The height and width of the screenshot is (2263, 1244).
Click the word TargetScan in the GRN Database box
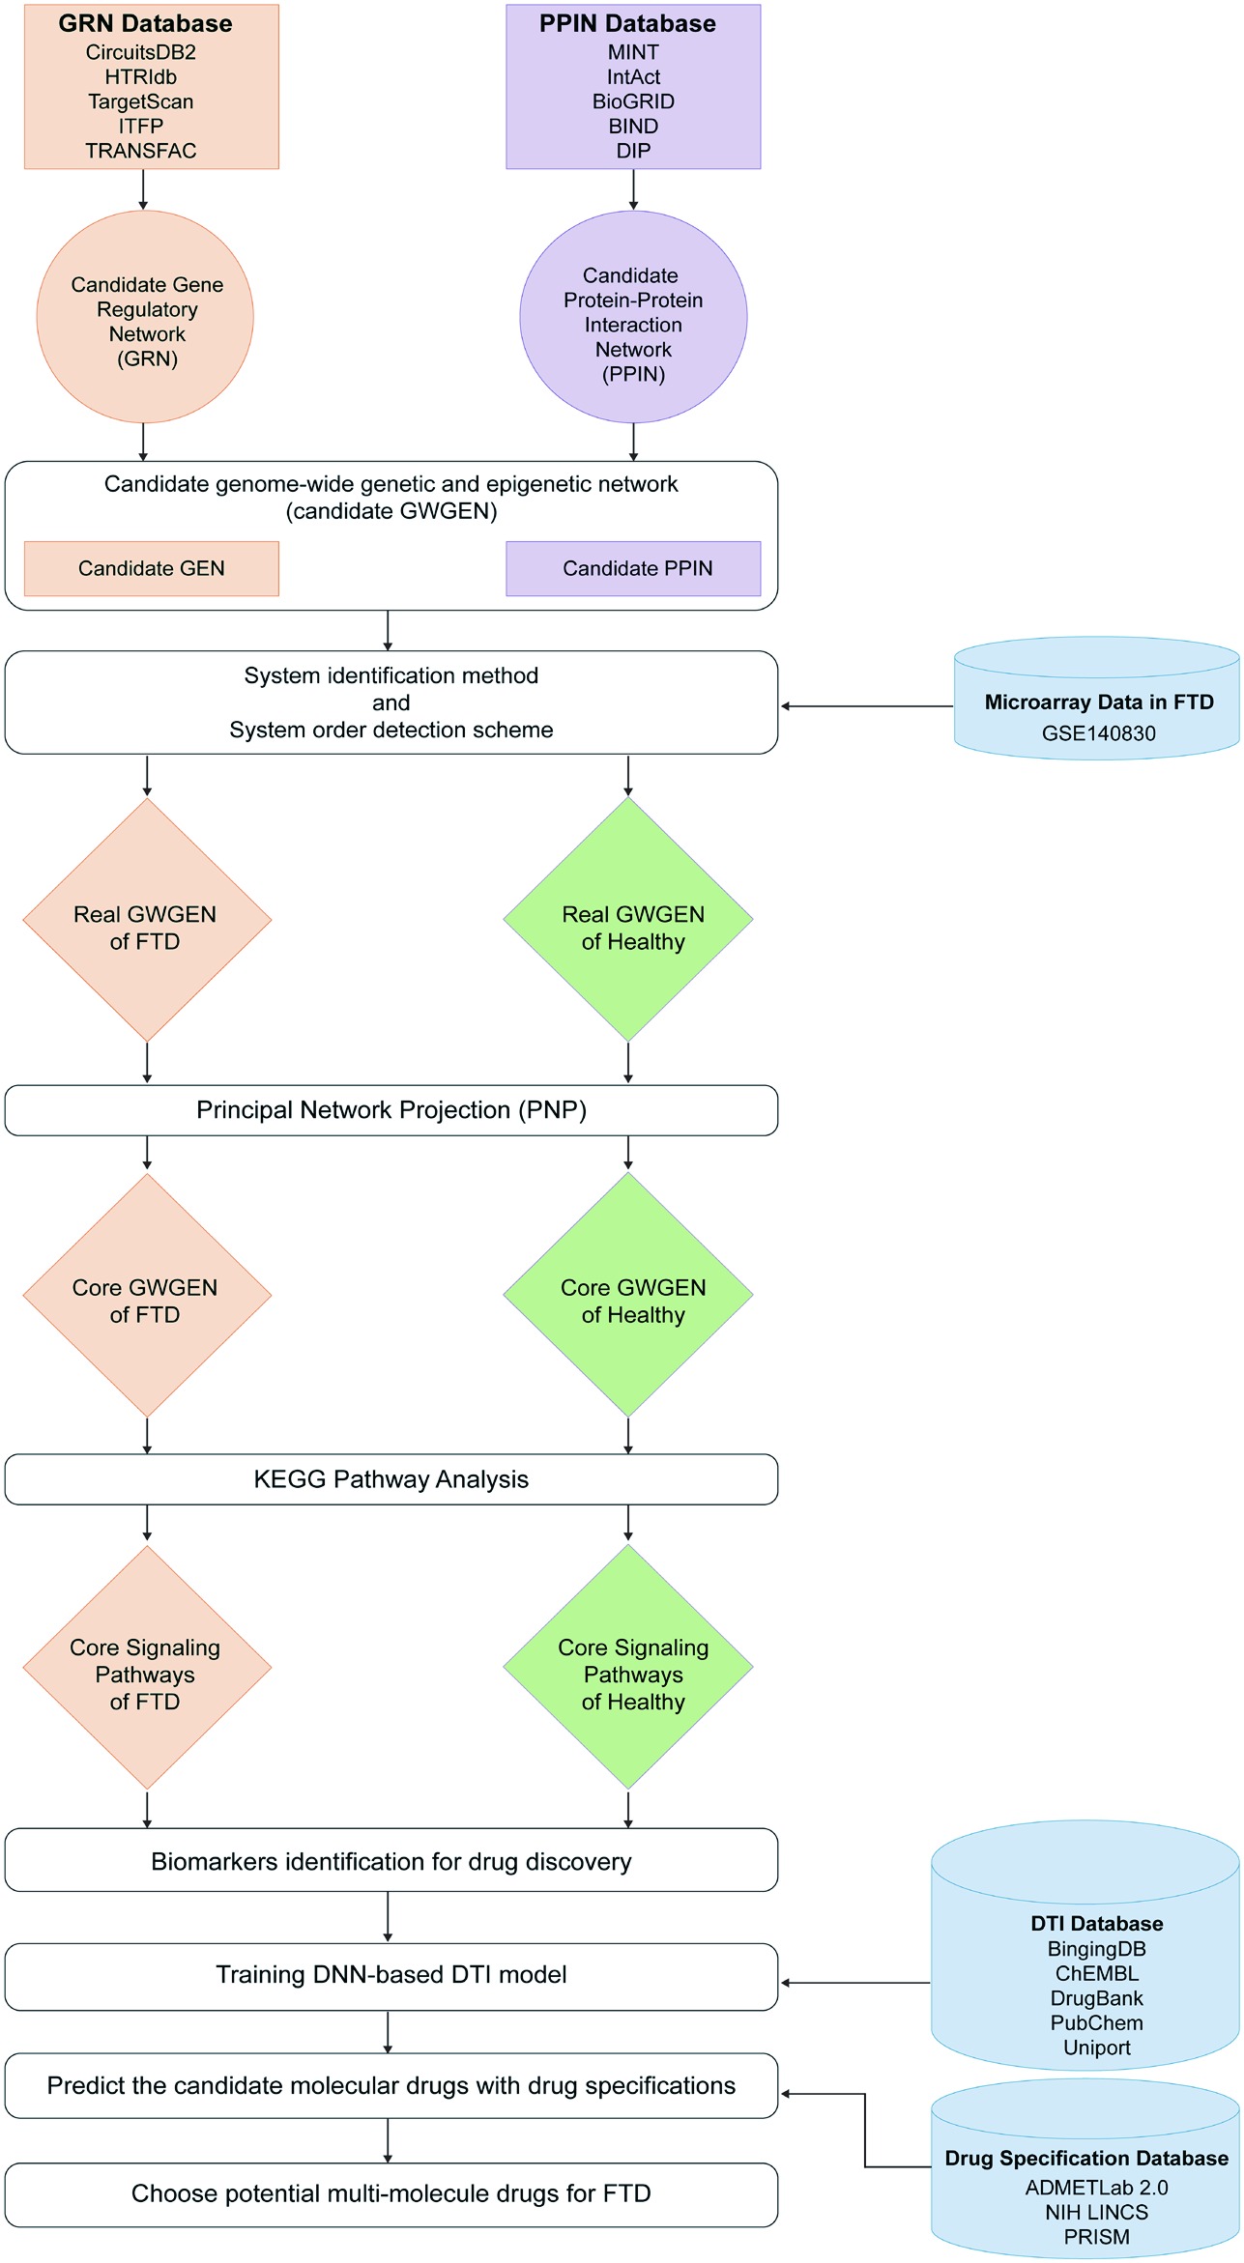(x=141, y=101)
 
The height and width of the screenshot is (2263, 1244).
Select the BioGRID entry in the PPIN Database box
(x=633, y=101)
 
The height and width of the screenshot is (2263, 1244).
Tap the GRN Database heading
(x=145, y=23)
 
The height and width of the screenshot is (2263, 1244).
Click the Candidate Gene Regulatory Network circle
(x=145, y=317)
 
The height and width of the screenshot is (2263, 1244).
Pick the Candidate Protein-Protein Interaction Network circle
(x=633, y=317)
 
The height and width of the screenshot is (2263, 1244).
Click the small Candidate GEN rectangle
(x=152, y=568)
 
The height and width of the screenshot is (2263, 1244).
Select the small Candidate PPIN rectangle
(x=633, y=568)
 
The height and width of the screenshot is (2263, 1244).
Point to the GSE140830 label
(x=1098, y=733)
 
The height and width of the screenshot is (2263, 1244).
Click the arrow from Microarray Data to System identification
(x=867, y=706)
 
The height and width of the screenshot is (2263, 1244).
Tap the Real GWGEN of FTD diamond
(x=147, y=920)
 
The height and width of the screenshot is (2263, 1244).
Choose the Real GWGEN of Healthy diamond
(x=628, y=919)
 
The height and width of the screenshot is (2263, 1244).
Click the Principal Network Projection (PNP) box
(x=391, y=1110)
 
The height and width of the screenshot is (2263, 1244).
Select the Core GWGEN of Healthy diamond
(x=628, y=1295)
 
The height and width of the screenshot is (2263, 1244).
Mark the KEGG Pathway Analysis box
(x=391, y=1479)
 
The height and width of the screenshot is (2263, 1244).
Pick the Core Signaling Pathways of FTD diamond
(x=147, y=1667)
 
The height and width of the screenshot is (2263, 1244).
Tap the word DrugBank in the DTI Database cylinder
(x=1096, y=1998)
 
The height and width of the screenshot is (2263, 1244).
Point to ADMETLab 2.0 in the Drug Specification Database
(x=1096, y=2188)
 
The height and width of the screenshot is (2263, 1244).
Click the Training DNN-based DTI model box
(x=391, y=1977)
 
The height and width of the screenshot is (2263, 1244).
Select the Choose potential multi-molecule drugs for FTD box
(x=391, y=2194)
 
